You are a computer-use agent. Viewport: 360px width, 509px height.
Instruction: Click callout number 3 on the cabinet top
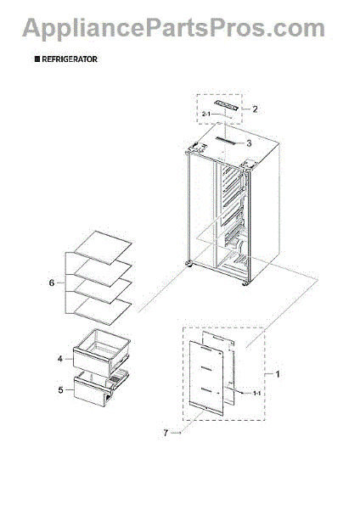point(249,143)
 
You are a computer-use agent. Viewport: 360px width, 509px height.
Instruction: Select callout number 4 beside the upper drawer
point(59,359)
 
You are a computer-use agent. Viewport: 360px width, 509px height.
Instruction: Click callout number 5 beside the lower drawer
point(59,390)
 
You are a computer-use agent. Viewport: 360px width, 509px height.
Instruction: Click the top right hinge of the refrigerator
point(250,165)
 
